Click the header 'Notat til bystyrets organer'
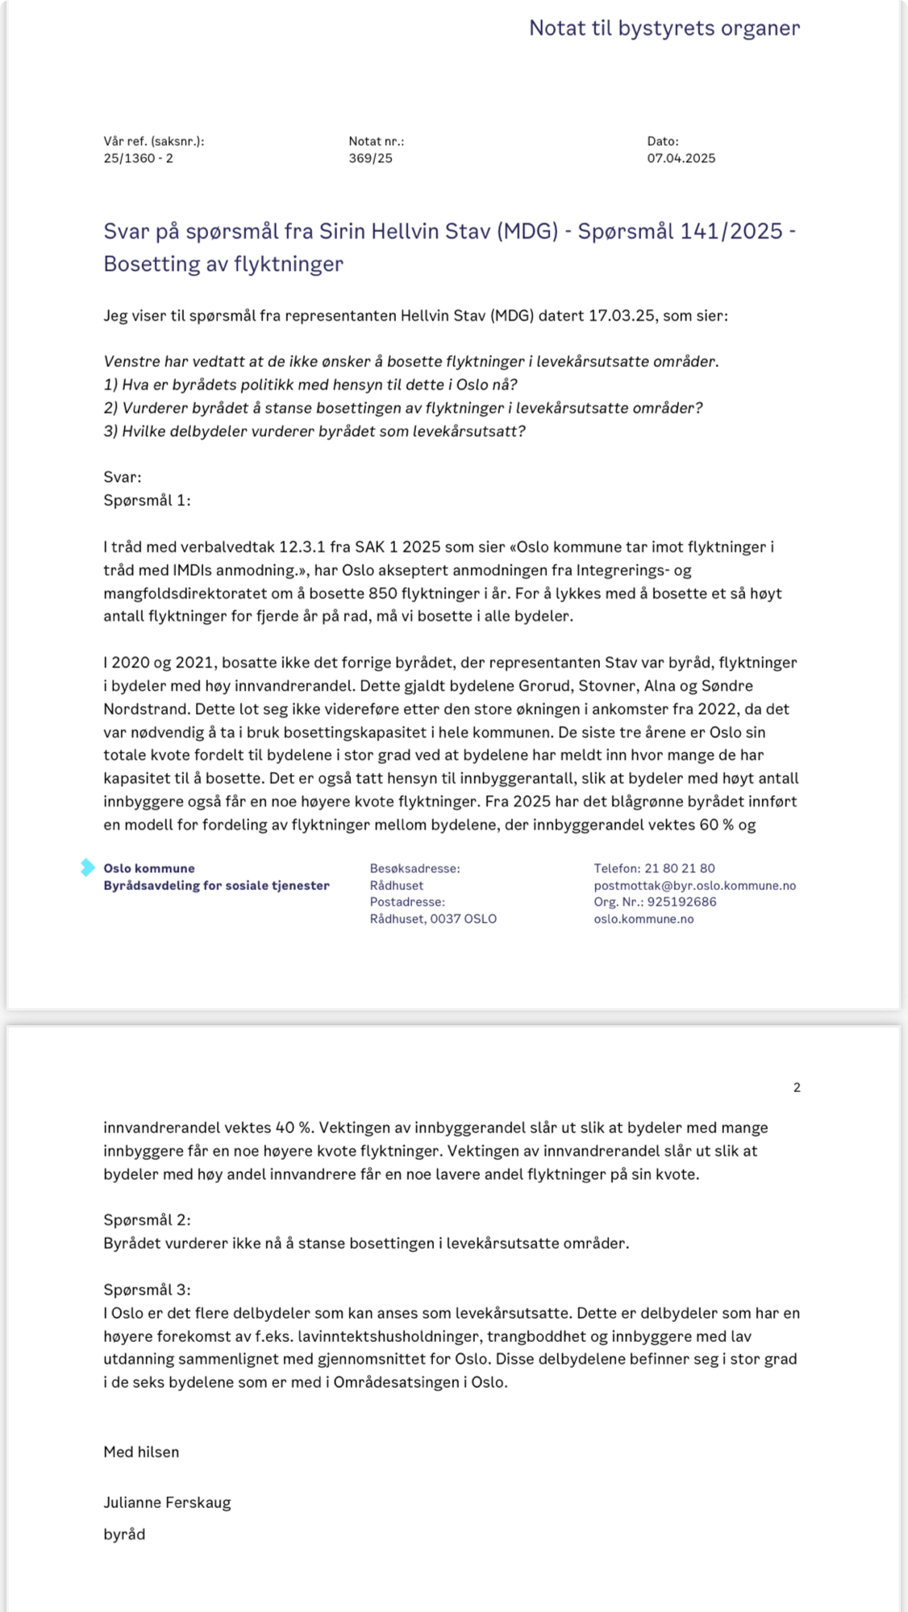click(x=664, y=28)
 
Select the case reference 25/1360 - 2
click(x=138, y=158)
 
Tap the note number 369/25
click(x=370, y=158)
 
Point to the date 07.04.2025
click(x=681, y=158)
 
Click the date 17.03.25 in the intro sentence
click(x=619, y=315)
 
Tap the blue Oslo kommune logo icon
click(x=87, y=867)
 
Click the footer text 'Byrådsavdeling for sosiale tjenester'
click(x=216, y=885)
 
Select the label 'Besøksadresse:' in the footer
click(x=414, y=868)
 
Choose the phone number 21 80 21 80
click(x=680, y=868)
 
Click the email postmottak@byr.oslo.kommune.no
click(x=694, y=885)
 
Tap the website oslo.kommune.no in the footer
click(x=644, y=919)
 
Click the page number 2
click(x=797, y=1087)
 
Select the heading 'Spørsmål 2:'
click(x=147, y=1219)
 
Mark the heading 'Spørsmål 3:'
click(x=147, y=1290)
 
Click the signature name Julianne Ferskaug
click(x=167, y=1502)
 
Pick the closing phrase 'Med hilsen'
click(x=141, y=1452)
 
